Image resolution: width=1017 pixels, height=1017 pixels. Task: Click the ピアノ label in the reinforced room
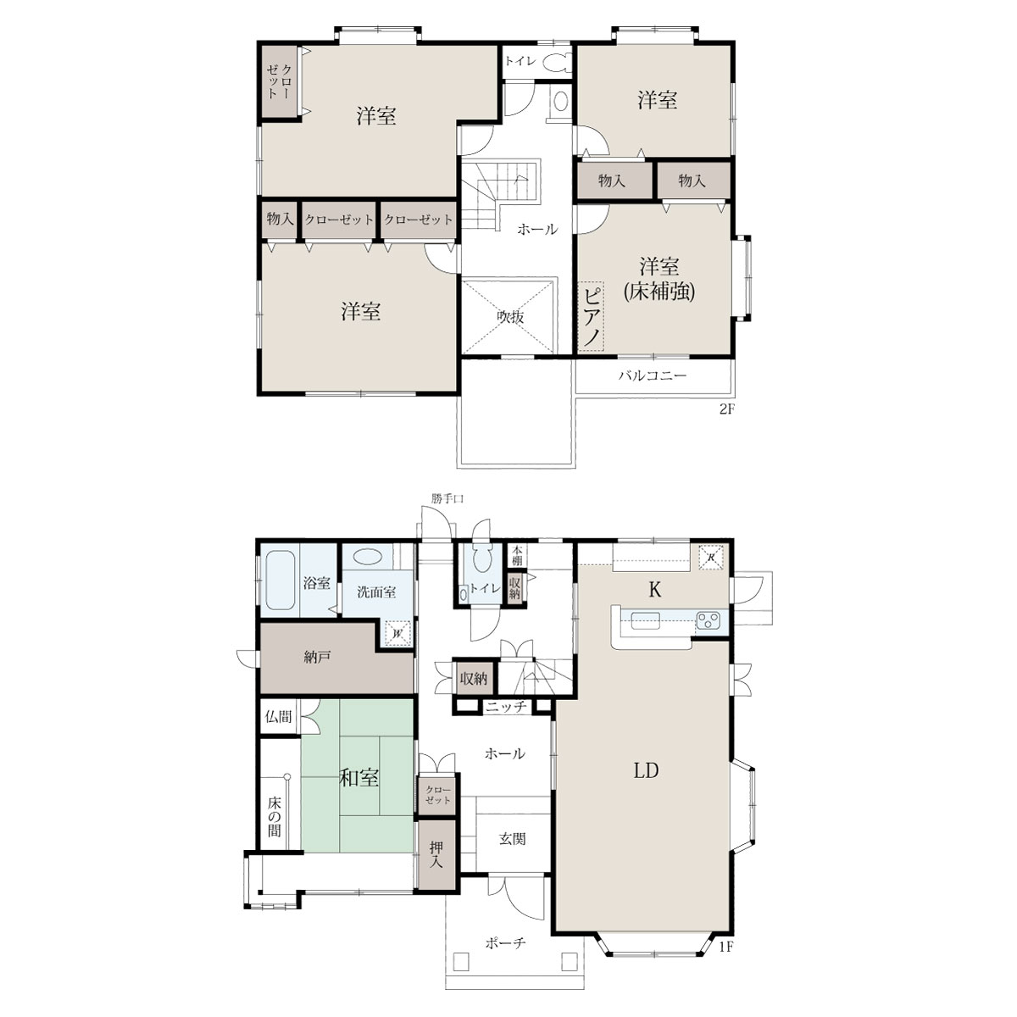592,318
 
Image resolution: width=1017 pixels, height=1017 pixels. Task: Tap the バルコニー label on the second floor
653,375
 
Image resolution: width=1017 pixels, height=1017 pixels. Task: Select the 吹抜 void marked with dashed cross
510,317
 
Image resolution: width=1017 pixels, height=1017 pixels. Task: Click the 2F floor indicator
727,409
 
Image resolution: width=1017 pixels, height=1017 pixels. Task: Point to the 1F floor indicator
726,947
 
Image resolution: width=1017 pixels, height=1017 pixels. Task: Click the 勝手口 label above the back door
447,498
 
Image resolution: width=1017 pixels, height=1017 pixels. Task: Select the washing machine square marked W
398,632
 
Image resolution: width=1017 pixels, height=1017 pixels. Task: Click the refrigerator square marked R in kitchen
711,557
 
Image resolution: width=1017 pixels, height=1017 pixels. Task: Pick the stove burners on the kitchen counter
709,620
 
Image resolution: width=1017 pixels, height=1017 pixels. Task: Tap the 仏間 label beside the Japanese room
278,716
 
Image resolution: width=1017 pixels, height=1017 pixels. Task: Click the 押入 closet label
436,855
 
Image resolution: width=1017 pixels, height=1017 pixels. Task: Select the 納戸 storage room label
317,658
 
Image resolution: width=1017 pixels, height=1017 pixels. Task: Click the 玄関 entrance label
512,839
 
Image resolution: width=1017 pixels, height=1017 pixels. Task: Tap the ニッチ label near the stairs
506,706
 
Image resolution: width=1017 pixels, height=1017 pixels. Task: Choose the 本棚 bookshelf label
517,555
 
